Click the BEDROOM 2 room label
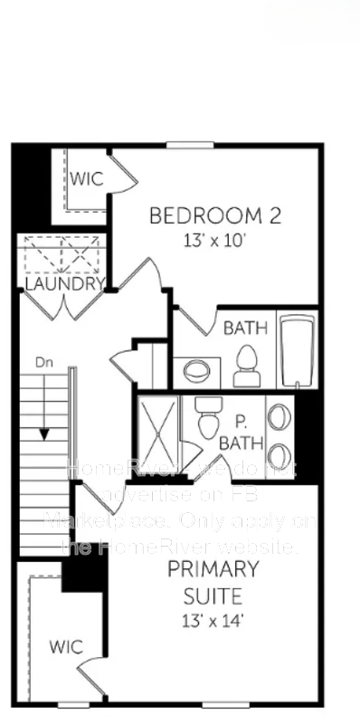click(x=214, y=216)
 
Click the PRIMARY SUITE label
click(x=213, y=584)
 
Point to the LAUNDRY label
click(x=64, y=284)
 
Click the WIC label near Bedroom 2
click(x=87, y=178)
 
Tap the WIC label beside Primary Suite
click(x=66, y=647)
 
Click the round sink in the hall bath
click(x=196, y=371)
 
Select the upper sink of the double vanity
click(x=279, y=415)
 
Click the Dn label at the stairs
click(x=43, y=363)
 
